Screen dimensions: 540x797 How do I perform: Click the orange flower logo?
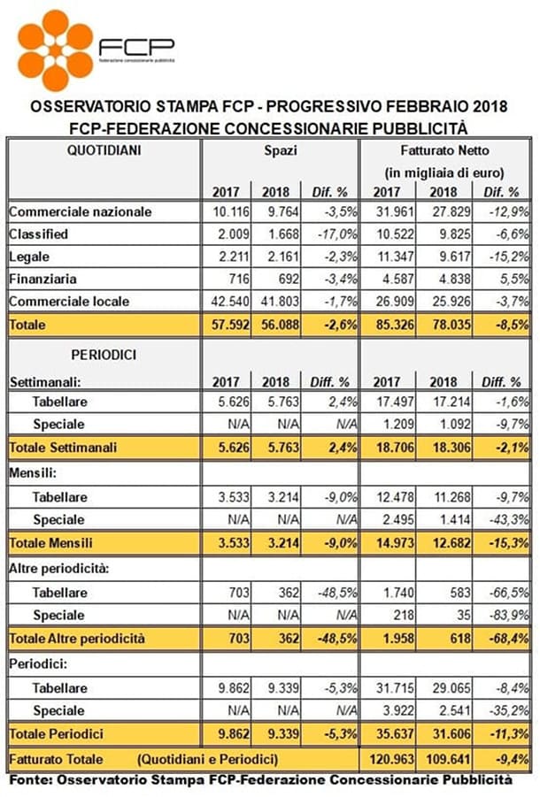[x=56, y=50]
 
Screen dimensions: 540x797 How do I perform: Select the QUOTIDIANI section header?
[x=104, y=150]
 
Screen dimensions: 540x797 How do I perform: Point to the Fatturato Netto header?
[x=445, y=150]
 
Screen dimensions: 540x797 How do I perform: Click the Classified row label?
[x=39, y=234]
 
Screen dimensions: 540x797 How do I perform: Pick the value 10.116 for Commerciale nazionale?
[x=231, y=212]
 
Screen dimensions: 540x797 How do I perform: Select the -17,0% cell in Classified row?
[x=337, y=234]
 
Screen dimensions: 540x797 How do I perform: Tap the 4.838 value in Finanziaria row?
[x=451, y=279]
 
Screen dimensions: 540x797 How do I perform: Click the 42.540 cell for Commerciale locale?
[x=230, y=302]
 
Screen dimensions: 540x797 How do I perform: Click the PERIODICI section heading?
[x=104, y=355]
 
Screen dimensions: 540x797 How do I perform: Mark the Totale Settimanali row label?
[x=64, y=448]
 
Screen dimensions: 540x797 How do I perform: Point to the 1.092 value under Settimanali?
[x=451, y=425]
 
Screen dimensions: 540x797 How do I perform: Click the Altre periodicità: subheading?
[x=59, y=569]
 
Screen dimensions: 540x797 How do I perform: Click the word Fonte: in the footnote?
[x=31, y=779]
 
